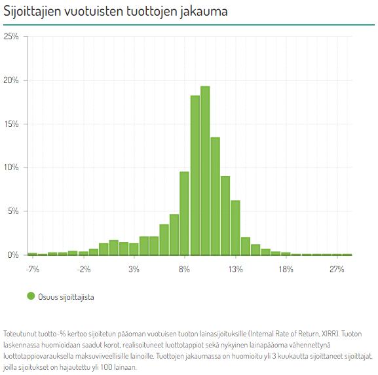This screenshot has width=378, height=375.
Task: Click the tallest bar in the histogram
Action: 205,171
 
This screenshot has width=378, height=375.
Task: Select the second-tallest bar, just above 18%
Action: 195,175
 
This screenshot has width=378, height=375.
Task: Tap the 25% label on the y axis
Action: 11,37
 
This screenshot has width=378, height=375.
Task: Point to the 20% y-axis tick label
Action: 11,80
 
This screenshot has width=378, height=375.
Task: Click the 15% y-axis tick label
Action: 11,124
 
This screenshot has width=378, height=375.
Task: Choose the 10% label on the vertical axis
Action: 11,167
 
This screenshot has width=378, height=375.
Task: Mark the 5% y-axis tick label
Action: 13,211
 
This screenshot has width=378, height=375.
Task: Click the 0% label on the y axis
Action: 13,255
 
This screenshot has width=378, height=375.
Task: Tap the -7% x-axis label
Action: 33,269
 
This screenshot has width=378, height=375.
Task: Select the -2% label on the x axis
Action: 84,269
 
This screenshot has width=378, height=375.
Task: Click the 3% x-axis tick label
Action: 134,269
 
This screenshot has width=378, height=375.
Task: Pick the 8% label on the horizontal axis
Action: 185,269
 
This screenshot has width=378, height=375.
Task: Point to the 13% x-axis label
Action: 236,269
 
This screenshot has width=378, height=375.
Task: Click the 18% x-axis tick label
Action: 286,269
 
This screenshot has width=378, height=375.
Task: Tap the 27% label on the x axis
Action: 337,269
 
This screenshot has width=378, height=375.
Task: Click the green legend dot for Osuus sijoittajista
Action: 31,296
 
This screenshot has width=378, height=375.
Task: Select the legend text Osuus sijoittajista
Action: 66,297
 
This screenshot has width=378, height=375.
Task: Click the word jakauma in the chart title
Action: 204,11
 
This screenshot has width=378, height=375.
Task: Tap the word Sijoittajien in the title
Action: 32,11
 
